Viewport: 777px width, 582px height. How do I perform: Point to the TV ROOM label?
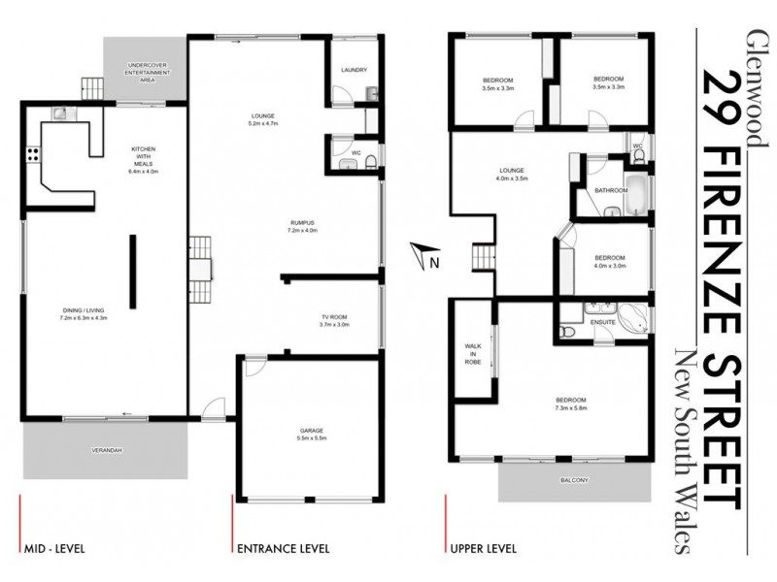(x=335, y=317)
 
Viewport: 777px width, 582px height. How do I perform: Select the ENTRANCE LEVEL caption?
(x=284, y=548)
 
